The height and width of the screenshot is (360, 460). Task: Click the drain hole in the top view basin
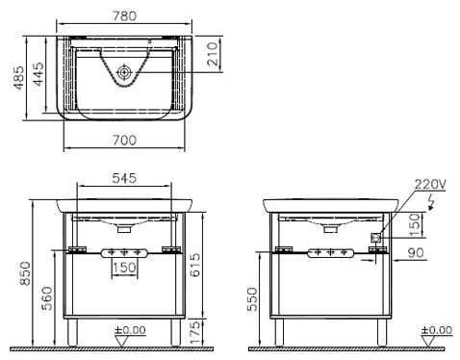(x=125, y=72)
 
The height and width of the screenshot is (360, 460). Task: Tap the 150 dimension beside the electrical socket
(x=415, y=224)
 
